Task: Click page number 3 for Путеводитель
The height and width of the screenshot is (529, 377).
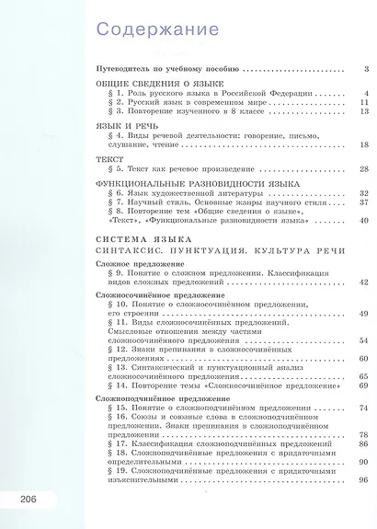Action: (x=365, y=69)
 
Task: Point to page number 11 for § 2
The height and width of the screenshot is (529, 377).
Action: (x=362, y=102)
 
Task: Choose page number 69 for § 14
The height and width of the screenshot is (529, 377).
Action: (x=362, y=385)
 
